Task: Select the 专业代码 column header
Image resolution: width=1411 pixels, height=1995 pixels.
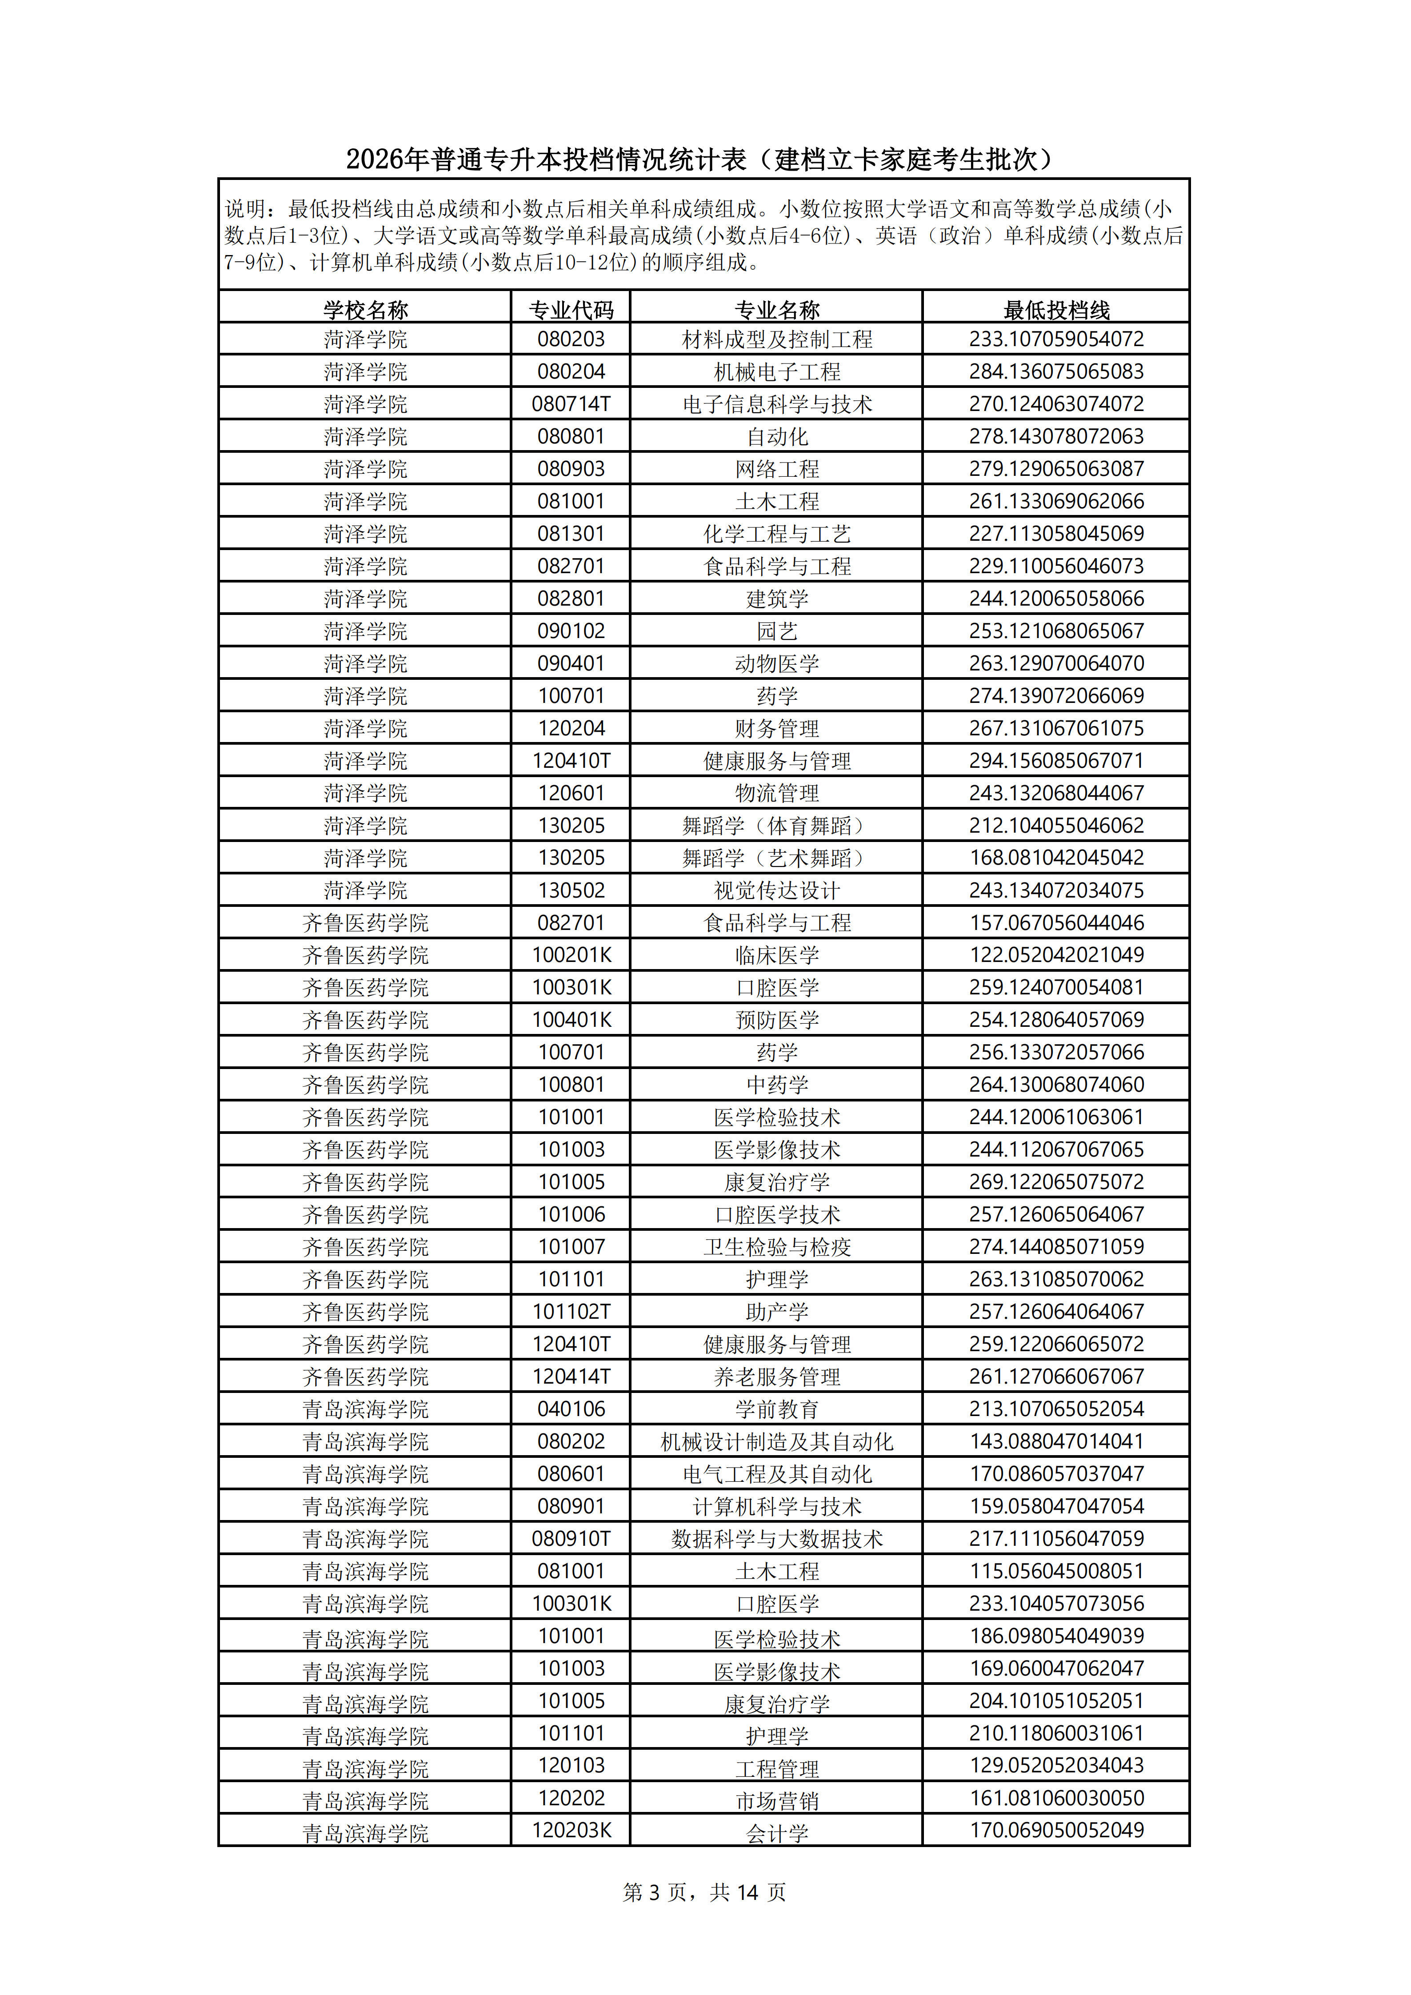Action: pos(571,309)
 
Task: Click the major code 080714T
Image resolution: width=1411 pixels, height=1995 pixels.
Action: pos(571,404)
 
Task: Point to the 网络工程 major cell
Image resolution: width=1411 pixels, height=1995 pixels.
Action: pos(777,469)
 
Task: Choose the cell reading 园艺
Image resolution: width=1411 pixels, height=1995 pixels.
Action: pos(777,631)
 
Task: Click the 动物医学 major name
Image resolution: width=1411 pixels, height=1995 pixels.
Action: pos(777,664)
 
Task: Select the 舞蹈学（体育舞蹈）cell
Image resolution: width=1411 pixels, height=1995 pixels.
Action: pos(777,826)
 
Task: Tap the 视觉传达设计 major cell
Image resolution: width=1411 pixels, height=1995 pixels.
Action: pos(777,890)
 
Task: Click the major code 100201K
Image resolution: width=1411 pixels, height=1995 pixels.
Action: pos(571,955)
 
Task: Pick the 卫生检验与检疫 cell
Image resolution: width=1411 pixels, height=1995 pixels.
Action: pos(777,1247)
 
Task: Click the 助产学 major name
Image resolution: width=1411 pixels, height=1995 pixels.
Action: pos(777,1312)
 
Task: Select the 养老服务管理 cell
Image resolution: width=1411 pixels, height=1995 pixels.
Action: pos(777,1377)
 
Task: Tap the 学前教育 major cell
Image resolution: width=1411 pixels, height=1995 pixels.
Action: pos(777,1409)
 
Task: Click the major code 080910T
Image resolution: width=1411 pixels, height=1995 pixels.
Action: pos(571,1539)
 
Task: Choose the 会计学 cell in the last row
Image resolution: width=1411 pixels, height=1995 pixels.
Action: pos(777,1833)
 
